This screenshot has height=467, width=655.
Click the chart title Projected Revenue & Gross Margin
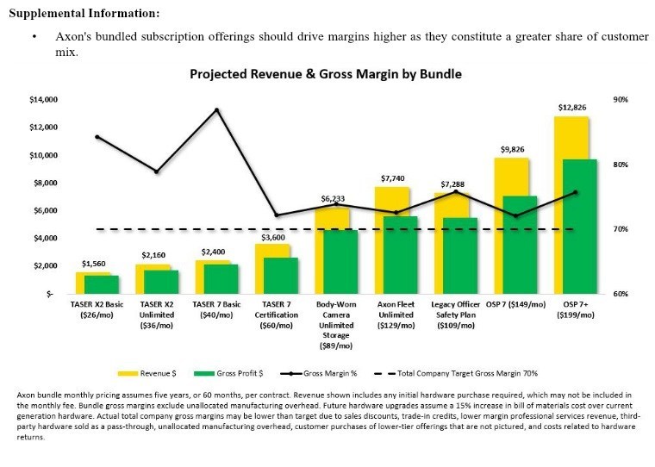point(326,74)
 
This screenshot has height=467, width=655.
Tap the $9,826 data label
point(514,149)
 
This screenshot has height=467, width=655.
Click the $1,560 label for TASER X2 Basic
point(95,264)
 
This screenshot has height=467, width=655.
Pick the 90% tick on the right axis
point(621,100)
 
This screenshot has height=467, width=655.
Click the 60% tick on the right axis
point(621,294)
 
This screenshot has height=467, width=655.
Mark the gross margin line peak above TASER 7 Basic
point(216,110)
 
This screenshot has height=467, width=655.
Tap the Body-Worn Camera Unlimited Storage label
point(336,321)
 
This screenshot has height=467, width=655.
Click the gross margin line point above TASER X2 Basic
point(97,137)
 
